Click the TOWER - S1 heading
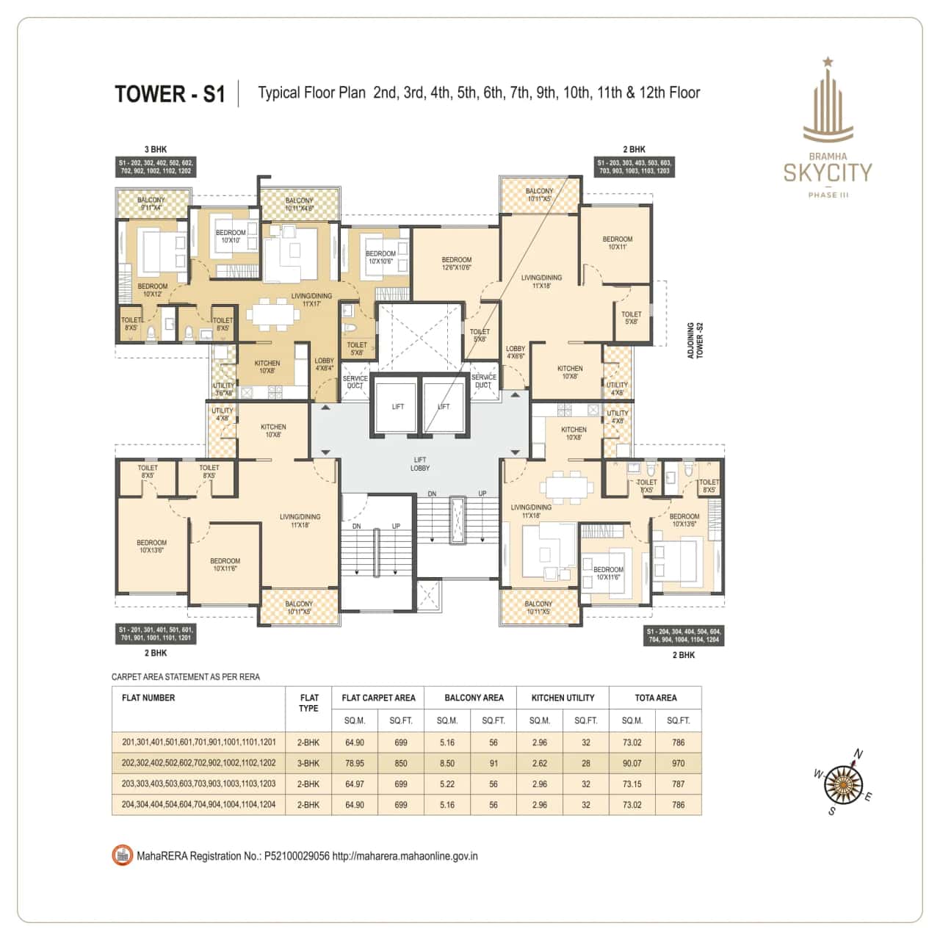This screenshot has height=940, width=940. pos(170,94)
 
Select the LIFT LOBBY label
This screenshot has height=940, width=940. pos(420,463)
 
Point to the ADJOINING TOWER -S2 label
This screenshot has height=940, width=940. pos(695,339)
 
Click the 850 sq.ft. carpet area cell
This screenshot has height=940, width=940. pos(401,763)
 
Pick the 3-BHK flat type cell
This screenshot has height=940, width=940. pos(308,763)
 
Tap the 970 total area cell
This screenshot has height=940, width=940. pos(678,763)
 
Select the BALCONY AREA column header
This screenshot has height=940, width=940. pos(474,698)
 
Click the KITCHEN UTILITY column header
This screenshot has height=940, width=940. pos(563,698)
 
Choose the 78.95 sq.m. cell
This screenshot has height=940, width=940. pos(355,763)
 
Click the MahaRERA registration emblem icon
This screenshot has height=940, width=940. pos(122,856)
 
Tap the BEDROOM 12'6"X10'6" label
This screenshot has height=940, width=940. pos(457,264)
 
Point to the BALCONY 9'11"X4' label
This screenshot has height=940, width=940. pos(153,203)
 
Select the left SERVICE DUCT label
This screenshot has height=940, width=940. pos(355,382)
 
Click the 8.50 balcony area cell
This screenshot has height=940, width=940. pos(447,763)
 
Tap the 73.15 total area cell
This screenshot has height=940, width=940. pos(632,784)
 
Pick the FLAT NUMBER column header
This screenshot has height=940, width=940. pos(148,698)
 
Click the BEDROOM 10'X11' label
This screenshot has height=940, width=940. pos(617,243)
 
